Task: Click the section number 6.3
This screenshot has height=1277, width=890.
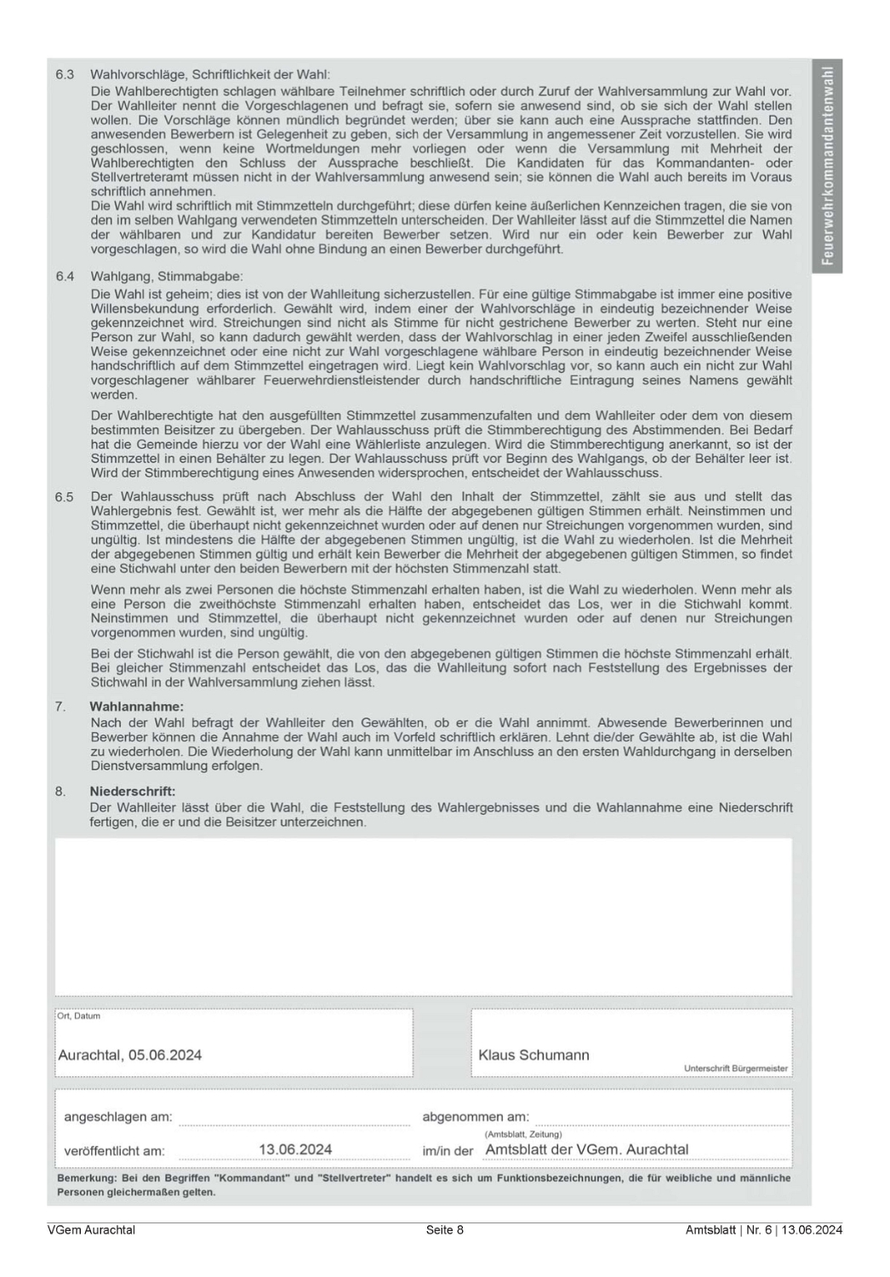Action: pos(65,75)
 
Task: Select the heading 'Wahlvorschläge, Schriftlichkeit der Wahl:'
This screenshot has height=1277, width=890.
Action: pos(209,75)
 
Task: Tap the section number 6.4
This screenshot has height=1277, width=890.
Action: pos(65,277)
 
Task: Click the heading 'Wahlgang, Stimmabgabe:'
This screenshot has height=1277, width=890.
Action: pos(166,277)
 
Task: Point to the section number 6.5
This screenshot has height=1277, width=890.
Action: pos(65,496)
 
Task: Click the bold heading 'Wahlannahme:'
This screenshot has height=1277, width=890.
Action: pos(136,707)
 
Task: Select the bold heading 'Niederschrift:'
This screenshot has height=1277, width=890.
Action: pos(132,791)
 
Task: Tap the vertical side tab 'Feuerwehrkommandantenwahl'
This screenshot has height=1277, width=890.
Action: pos(827,166)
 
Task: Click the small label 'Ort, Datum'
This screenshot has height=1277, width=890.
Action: pos(79,1016)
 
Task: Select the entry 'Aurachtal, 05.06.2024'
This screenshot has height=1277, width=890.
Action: pos(129,1055)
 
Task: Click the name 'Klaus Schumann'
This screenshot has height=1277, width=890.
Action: pos(533,1055)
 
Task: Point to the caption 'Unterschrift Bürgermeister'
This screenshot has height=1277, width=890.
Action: pos(735,1068)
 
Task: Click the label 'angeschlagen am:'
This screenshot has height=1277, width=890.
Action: pos(117,1116)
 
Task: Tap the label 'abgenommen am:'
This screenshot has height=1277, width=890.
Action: pos(475,1116)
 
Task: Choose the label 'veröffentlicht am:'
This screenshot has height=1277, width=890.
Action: pos(114,1151)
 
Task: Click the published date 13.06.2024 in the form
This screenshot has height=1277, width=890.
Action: pos(295,1149)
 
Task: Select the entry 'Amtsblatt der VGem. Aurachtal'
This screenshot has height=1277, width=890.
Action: pos(586,1149)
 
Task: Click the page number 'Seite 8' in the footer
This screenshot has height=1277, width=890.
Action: pos(445,1229)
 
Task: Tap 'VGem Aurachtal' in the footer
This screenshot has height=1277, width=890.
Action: pos(91,1229)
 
